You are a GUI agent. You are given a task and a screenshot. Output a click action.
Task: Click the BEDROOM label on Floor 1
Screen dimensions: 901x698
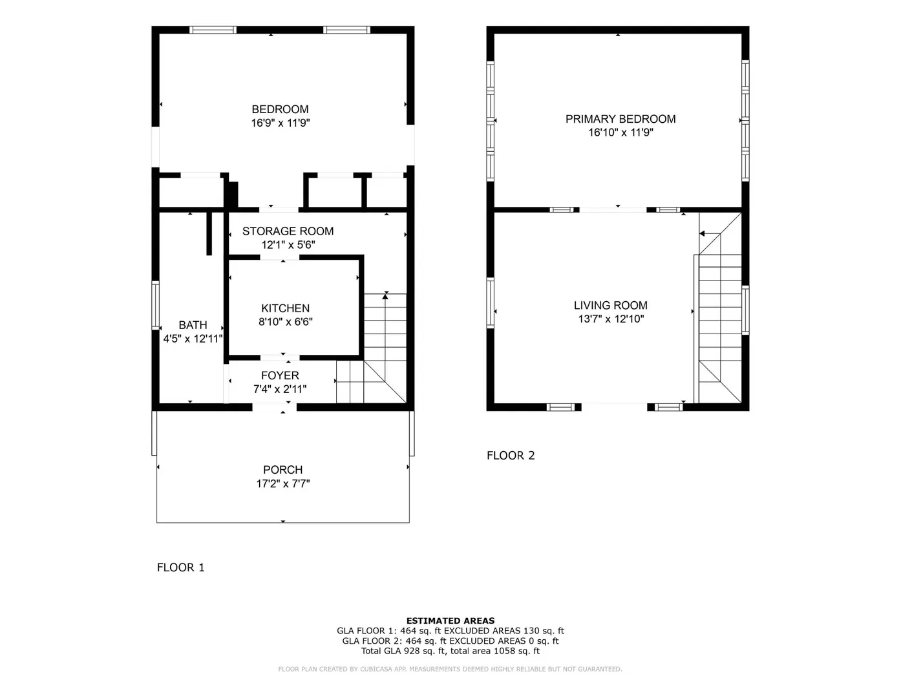click(x=280, y=109)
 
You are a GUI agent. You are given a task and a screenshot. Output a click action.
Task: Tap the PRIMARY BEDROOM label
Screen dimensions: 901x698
click(x=620, y=119)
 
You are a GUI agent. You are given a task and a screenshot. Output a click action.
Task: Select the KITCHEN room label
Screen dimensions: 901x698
click(x=285, y=308)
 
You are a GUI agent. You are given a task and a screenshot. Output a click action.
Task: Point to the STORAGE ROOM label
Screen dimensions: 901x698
click(x=288, y=231)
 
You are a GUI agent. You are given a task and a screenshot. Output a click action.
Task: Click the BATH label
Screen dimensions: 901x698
click(x=193, y=325)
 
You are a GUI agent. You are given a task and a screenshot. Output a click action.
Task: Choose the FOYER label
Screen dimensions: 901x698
click(x=280, y=375)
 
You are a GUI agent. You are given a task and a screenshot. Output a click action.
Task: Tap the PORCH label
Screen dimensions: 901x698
click(x=283, y=470)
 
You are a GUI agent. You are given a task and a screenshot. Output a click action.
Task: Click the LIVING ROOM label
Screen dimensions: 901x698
click(x=610, y=306)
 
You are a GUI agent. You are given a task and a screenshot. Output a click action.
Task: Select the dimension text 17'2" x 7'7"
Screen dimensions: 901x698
click(x=283, y=483)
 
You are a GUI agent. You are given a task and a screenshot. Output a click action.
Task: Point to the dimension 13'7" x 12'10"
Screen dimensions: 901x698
click(x=611, y=319)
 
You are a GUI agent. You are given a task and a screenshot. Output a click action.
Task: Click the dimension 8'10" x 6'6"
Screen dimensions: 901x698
click(x=285, y=322)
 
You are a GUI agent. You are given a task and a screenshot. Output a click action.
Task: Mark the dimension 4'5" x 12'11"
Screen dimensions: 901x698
click(x=193, y=339)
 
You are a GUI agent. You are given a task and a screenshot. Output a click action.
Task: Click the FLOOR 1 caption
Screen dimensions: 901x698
click(x=181, y=567)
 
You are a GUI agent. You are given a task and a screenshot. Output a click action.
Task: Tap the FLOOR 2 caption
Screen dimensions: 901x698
click(x=511, y=456)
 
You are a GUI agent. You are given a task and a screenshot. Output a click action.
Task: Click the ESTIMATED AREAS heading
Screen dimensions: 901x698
click(x=450, y=620)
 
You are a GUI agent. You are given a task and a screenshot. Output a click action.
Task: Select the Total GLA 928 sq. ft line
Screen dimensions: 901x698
click(x=450, y=651)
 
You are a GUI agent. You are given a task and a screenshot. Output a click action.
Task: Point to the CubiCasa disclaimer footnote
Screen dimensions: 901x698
click(x=450, y=669)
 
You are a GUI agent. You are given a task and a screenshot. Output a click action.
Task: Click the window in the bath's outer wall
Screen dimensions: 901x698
click(x=156, y=306)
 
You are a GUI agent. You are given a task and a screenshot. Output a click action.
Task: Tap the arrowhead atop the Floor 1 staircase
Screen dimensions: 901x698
click(x=385, y=296)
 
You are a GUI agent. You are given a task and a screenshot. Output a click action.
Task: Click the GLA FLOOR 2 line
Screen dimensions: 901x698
click(x=450, y=640)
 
